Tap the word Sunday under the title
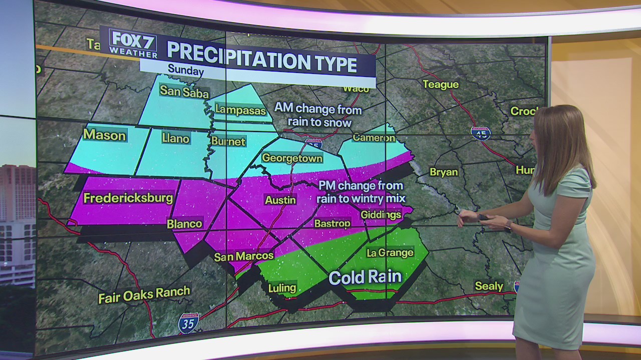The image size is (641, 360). tap(185, 70)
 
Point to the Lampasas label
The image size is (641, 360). tap(240, 110)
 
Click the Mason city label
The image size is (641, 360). tap(104, 134)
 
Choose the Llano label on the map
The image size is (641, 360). tap(176, 138)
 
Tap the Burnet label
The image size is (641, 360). tap(228, 141)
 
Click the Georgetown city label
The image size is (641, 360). tap(292, 158)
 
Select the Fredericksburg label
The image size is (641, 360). tap(128, 198)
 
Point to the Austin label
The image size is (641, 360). tap(280, 199)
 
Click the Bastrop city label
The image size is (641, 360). tap(332, 223)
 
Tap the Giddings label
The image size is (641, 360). tap(381, 214)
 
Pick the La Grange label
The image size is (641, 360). tap(390, 252)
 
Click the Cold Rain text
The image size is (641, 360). tap(365, 277)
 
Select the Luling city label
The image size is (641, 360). tap(282, 288)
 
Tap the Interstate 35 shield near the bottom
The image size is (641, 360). tap(188, 323)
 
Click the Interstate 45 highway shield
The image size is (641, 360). tap(480, 133)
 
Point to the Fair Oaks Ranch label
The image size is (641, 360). tap(144, 294)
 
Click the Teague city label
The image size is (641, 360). tap(441, 84)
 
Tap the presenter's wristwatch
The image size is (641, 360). tap(508, 227)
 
